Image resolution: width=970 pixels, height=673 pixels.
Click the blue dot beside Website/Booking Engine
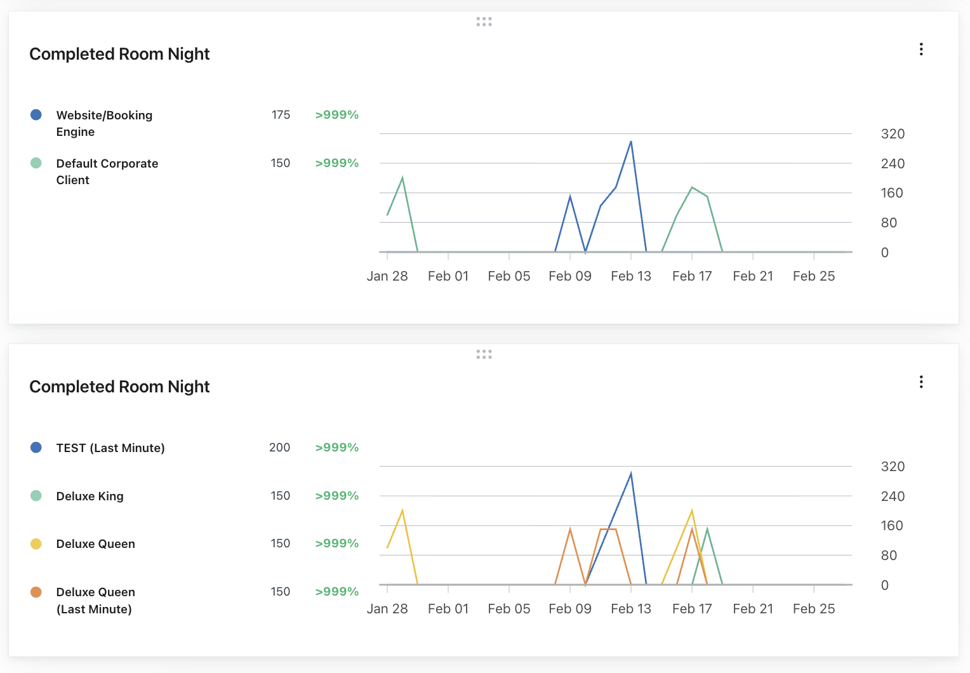36,115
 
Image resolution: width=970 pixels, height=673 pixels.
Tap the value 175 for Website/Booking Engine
281,115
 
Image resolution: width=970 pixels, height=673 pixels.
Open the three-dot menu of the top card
921,50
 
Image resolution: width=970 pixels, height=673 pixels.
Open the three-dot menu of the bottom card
921,382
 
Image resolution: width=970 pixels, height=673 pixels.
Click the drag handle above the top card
484,22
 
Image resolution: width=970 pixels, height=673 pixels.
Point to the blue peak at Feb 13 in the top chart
631,142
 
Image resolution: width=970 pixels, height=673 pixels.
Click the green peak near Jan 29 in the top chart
402,178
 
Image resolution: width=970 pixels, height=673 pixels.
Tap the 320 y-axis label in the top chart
893,134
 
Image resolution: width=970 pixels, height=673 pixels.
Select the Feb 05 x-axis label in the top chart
509,276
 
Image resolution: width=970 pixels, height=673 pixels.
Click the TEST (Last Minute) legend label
110,448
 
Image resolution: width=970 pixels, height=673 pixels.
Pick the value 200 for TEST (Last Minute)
279,448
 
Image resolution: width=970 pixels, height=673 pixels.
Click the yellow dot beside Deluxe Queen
36,544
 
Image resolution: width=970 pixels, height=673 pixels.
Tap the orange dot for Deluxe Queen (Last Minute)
36,592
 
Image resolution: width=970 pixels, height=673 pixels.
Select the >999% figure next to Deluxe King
337,496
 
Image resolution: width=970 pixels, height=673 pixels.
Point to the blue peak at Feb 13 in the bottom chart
631,474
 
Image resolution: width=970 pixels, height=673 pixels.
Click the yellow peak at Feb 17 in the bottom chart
692,510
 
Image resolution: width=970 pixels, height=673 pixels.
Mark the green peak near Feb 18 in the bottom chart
707,529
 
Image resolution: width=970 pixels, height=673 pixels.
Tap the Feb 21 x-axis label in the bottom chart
753,609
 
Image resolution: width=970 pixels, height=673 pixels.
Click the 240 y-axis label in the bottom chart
893,496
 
